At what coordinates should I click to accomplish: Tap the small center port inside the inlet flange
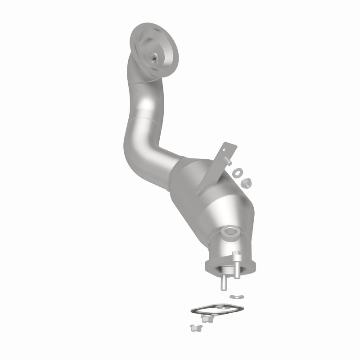coord(154,57)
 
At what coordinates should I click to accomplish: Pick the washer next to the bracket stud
coord(237,171)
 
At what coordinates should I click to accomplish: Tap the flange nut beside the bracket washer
coord(246,182)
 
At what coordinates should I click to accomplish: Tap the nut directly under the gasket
coord(207,319)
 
